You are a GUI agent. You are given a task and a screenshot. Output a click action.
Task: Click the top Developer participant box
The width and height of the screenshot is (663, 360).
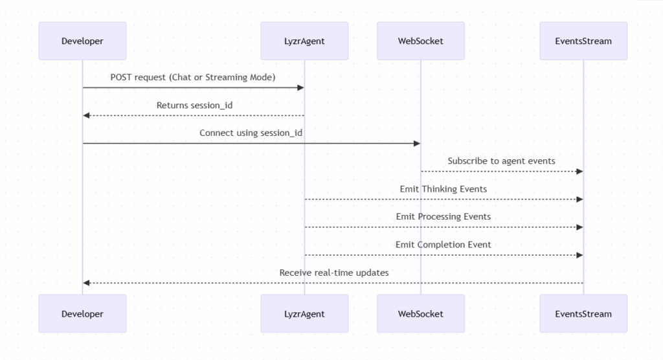click(x=82, y=41)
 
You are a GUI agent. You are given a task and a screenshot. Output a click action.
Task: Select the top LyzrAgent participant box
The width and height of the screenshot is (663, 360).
click(x=304, y=41)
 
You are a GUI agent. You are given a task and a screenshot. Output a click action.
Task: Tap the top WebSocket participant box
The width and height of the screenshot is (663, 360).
click(x=420, y=41)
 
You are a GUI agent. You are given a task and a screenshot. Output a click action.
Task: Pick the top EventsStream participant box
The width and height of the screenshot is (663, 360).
click(x=583, y=41)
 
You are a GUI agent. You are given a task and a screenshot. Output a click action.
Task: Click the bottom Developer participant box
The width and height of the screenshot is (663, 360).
click(x=82, y=314)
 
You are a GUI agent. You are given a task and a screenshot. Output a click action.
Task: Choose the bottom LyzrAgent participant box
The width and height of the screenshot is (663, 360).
click(x=304, y=314)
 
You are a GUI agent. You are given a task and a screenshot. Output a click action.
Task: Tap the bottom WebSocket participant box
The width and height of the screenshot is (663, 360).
click(x=420, y=314)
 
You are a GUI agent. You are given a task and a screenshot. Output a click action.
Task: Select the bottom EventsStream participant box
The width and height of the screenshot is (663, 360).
click(x=583, y=314)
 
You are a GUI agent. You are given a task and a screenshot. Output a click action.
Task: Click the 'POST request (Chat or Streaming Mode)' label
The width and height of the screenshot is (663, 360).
click(x=193, y=78)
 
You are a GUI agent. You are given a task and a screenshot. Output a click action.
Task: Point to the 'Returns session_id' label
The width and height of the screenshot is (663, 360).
click(x=194, y=106)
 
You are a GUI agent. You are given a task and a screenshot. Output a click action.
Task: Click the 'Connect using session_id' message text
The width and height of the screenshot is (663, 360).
click(x=251, y=133)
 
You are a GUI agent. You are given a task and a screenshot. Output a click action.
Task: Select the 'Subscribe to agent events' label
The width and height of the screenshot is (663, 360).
click(x=501, y=161)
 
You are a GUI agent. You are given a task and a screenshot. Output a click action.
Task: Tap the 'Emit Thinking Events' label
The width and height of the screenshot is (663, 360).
click(x=444, y=189)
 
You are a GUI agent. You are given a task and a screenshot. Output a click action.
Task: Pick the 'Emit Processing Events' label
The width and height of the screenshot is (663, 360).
click(x=444, y=217)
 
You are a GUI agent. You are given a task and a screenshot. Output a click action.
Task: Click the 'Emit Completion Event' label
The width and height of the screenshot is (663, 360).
click(x=444, y=245)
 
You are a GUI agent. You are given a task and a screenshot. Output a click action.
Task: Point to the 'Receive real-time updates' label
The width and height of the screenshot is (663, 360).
click(x=334, y=273)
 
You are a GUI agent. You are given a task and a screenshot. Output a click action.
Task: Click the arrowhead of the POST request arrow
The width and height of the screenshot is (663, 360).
click(x=300, y=87)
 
